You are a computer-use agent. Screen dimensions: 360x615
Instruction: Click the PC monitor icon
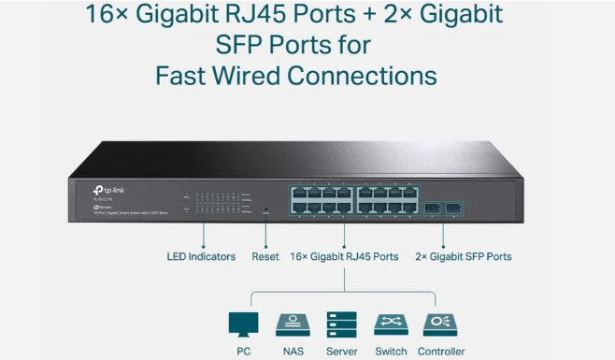pos(243,324)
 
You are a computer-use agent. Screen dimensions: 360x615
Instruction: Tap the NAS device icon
pos(293,324)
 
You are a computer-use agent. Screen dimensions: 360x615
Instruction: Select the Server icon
pos(341,324)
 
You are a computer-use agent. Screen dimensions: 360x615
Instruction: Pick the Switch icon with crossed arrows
pos(391,324)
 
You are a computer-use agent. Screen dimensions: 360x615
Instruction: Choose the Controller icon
pos(439,324)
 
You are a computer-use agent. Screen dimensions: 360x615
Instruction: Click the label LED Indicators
pos(201,256)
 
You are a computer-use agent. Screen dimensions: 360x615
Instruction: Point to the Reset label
pos(265,256)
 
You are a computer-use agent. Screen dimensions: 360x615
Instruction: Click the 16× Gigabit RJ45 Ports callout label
pos(345,256)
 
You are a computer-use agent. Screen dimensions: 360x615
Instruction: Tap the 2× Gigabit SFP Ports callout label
pos(464,256)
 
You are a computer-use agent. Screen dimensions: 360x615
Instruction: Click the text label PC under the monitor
pos(243,351)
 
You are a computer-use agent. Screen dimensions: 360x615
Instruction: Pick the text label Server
pos(341,351)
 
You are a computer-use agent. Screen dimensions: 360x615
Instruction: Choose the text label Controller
pos(439,351)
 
